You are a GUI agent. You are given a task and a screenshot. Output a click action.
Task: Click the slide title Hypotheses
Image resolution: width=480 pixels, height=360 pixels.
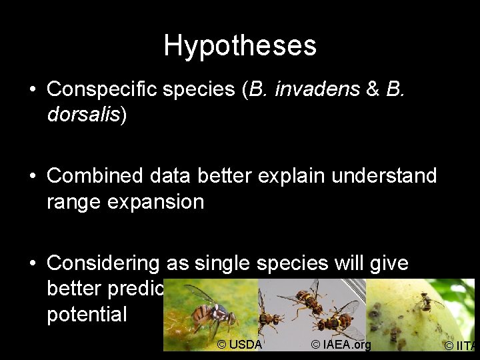240,45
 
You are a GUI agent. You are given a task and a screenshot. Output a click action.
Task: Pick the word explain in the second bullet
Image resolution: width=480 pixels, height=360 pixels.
291,176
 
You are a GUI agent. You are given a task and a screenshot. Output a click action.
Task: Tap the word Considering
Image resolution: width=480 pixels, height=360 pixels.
103,263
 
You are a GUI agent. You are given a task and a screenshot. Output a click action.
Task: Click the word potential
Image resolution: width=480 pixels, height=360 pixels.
87,314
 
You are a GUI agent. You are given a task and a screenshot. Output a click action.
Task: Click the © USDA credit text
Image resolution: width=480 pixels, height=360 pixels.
240,345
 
